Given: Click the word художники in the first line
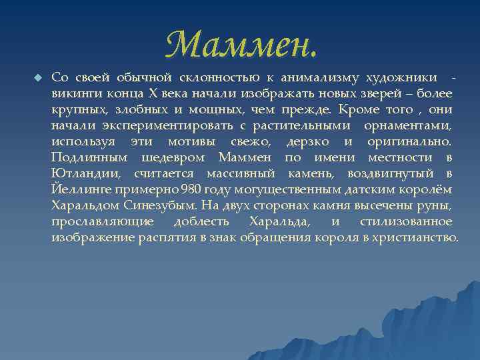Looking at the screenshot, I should pos(405,77).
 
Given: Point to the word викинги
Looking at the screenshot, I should pos(75,93).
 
